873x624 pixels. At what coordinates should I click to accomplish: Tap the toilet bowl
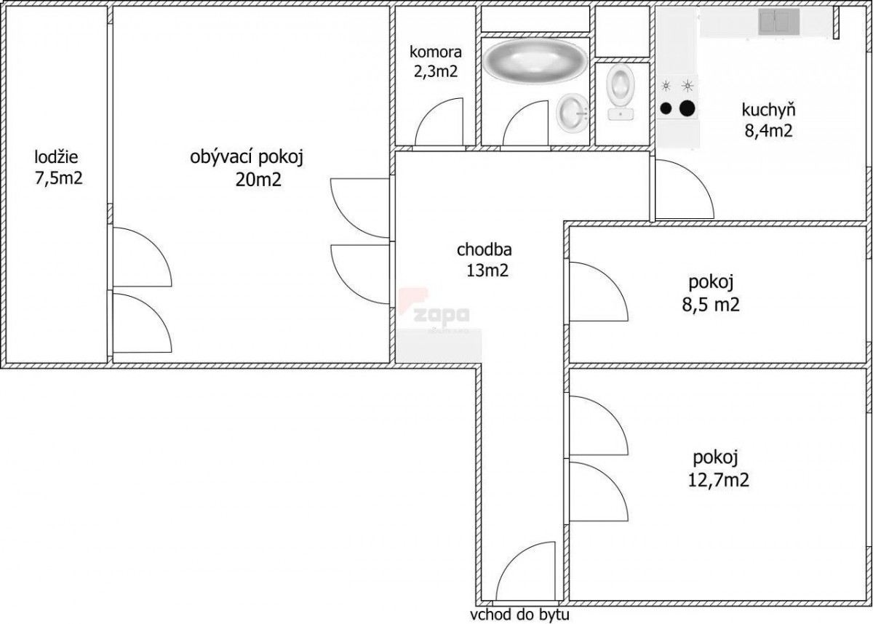pos(621,92)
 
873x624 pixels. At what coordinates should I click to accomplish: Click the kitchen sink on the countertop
pos(778,22)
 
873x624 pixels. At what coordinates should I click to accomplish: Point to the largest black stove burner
pos(687,108)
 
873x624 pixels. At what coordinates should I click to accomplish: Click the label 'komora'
pos(435,52)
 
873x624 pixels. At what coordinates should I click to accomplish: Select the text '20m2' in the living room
pos(258,180)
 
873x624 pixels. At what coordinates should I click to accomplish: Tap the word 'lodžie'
pos(56,157)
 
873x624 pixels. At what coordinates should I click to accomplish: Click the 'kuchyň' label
pos(768,110)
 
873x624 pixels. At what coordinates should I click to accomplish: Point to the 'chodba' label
pos(484,249)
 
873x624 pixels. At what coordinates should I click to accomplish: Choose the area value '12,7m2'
pos(719,480)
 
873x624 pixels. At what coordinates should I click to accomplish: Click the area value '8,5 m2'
pos(711,304)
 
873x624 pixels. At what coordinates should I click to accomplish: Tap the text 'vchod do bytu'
pos(519,615)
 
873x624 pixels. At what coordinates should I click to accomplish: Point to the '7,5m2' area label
pos(59,178)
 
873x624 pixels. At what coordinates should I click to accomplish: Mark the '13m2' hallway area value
pos(487,270)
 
